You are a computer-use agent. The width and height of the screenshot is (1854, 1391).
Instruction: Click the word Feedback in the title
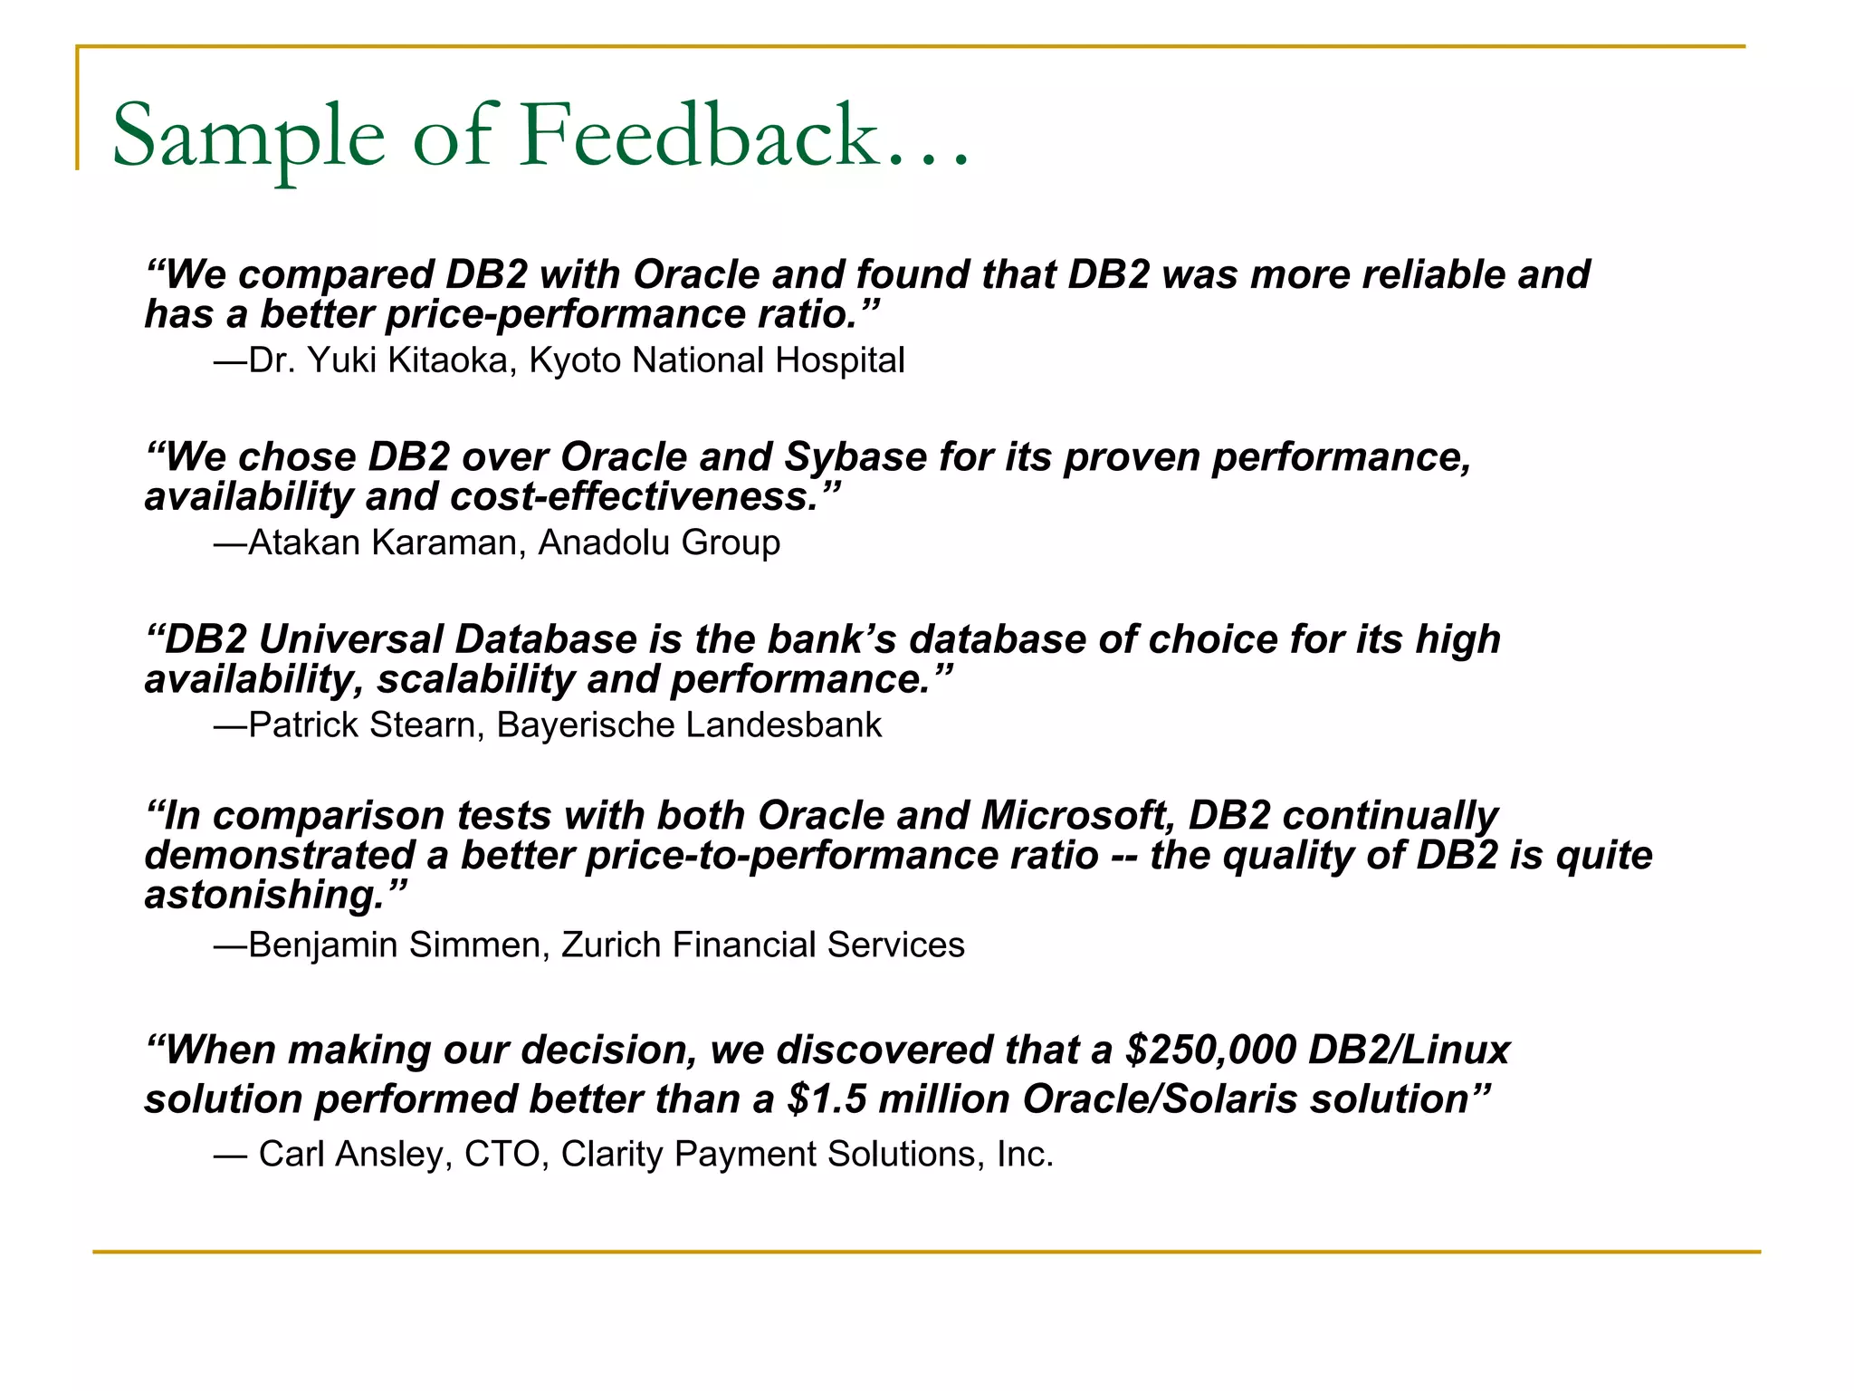tap(699, 136)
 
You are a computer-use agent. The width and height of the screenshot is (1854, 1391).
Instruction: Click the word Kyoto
tap(576, 360)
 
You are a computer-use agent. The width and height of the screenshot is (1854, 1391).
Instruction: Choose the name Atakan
tap(304, 542)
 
